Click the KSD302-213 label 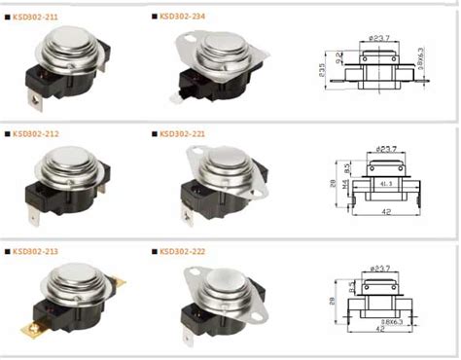tap(36, 251)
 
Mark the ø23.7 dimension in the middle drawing tap(384, 149)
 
